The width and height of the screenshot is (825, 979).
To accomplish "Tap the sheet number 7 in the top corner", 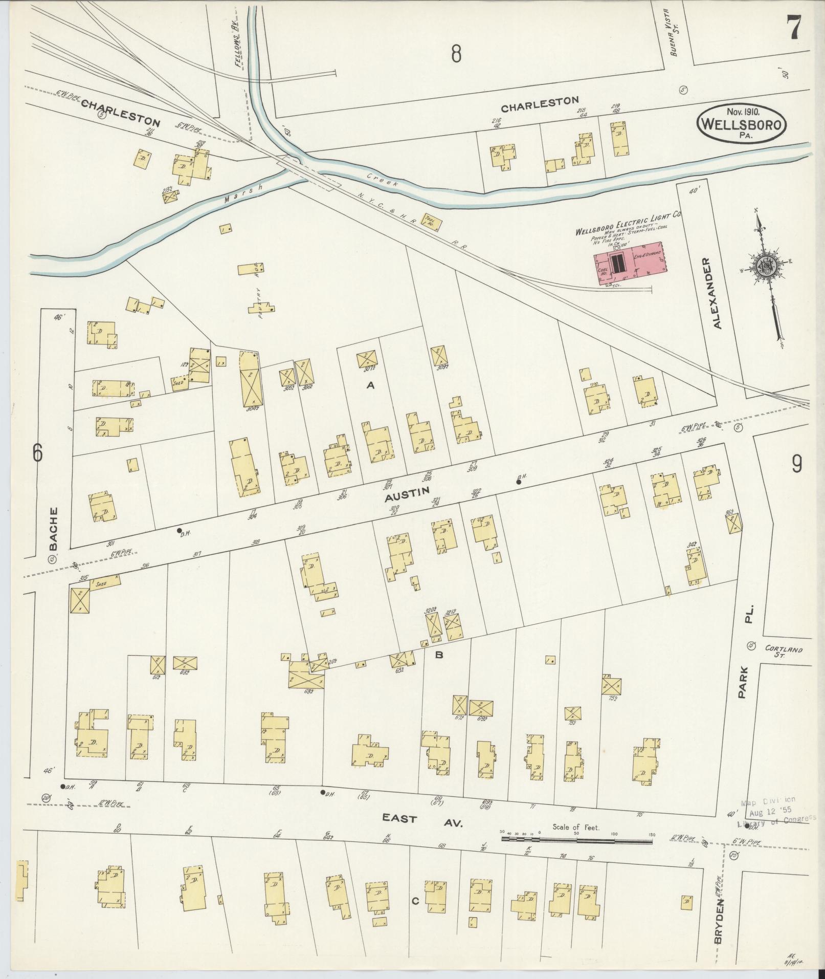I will pos(794,27).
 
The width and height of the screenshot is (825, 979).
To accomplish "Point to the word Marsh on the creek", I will pos(243,195).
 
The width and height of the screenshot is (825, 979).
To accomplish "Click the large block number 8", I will pos(456,53).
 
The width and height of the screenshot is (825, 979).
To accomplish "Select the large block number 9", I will pos(796,464).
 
